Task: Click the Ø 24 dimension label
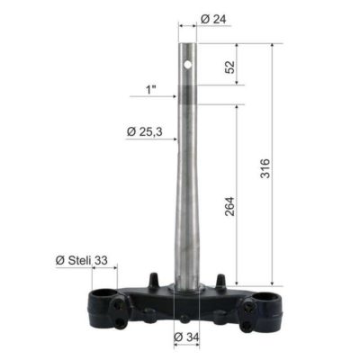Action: (211, 19)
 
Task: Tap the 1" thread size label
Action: (150, 90)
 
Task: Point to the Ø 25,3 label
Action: (144, 132)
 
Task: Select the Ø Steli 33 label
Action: (82, 260)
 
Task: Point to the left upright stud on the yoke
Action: (155, 279)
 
